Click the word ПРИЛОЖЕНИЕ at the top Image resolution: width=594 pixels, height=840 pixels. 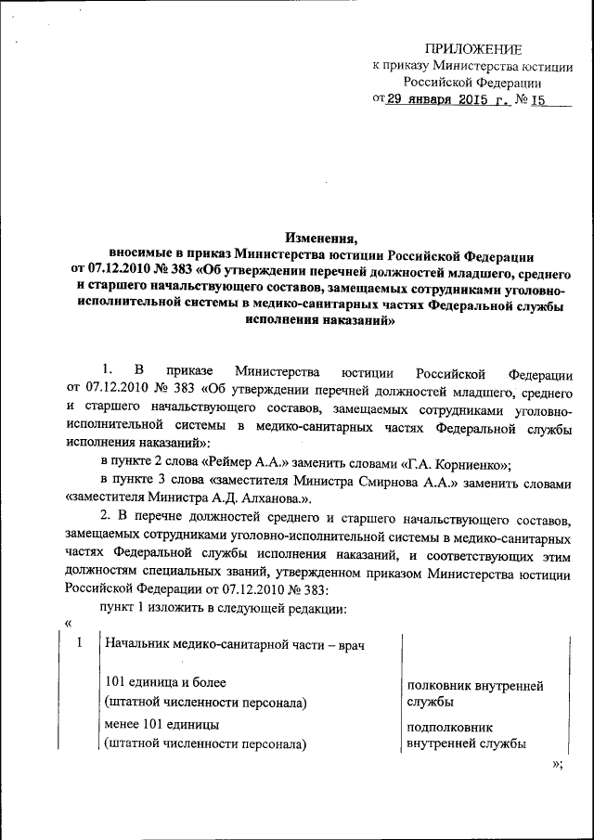473,48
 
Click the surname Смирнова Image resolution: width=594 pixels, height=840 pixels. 380,482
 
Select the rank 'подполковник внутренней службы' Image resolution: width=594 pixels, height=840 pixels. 467,735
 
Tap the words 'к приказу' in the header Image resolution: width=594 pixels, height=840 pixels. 397,66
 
